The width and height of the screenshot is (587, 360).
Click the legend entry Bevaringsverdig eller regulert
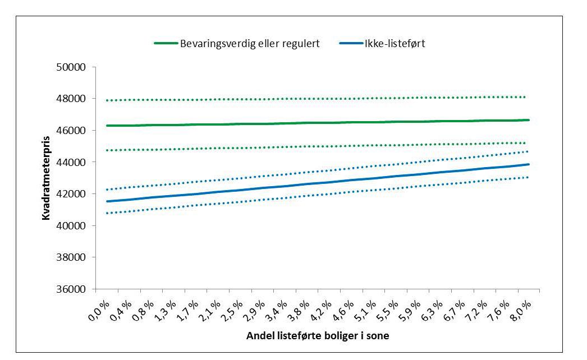(250, 44)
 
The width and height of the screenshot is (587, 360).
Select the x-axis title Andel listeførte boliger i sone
(318, 336)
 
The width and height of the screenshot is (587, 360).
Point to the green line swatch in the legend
(166, 44)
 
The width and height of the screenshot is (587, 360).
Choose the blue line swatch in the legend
(351, 44)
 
